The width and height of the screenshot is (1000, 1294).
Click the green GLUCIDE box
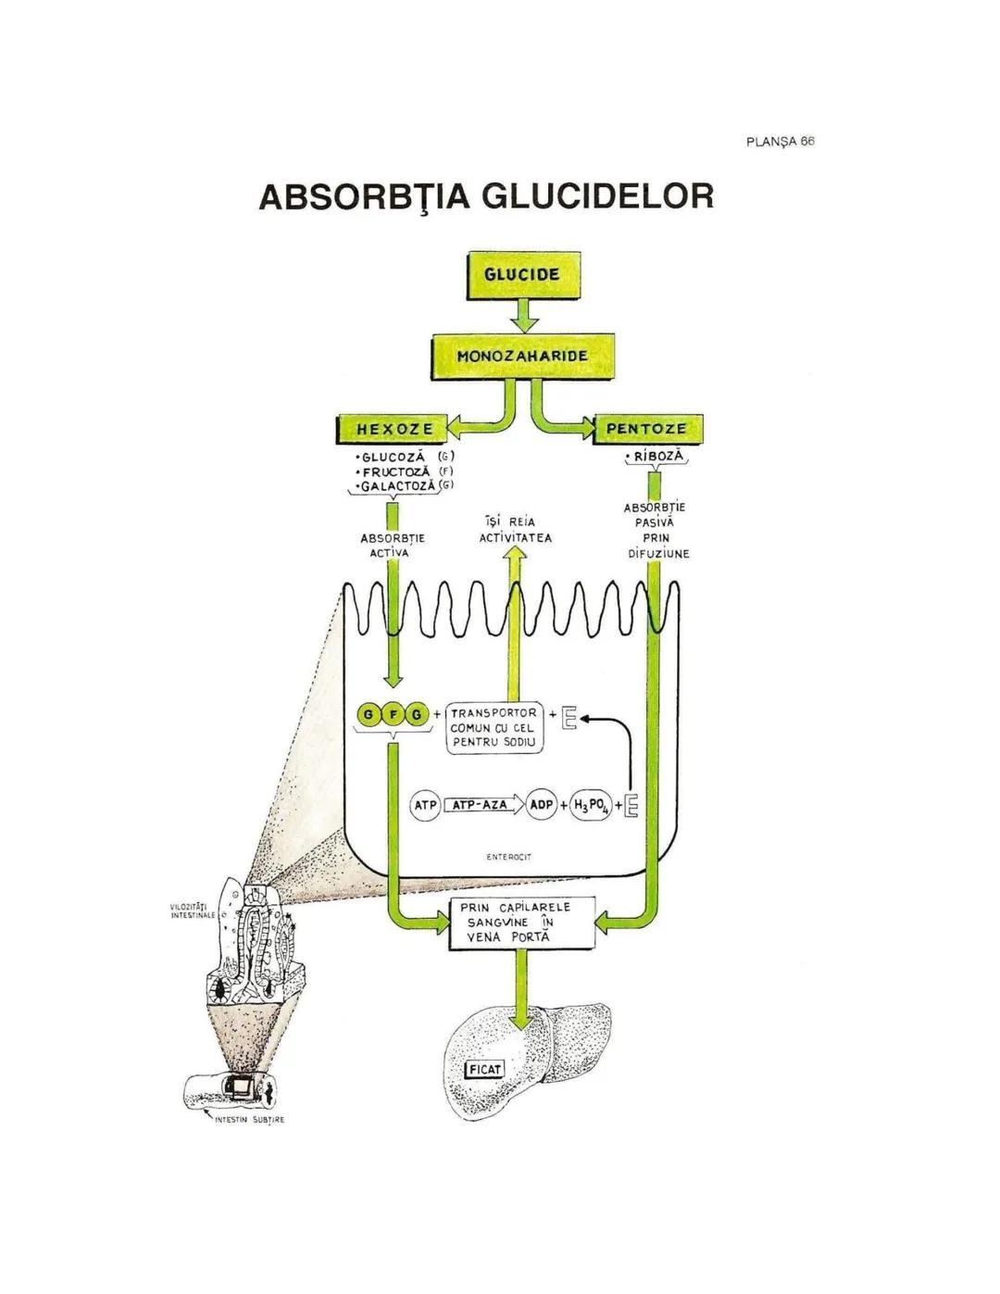[x=523, y=275]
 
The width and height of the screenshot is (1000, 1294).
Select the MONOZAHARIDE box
[x=522, y=356]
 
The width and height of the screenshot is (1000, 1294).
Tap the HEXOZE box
[x=394, y=429]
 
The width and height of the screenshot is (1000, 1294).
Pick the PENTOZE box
[x=646, y=429]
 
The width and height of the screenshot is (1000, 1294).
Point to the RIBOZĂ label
[x=657, y=457]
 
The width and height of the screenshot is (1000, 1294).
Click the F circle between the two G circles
[x=393, y=714]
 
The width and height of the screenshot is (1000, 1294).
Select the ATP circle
[x=425, y=805]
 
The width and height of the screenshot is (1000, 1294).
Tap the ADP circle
[x=541, y=805]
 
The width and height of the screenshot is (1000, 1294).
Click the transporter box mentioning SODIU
[x=494, y=728]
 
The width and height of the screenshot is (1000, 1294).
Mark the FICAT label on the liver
[x=484, y=1070]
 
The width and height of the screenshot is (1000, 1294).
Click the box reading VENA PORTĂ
[x=521, y=923]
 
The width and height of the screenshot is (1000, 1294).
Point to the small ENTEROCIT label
[x=508, y=858]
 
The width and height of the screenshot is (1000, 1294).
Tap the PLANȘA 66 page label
[x=780, y=142]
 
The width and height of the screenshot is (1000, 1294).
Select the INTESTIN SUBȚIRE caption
[x=248, y=1120]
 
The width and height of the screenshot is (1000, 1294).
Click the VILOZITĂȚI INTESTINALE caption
[x=193, y=911]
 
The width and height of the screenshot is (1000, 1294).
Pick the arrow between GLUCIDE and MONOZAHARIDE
[x=524, y=315]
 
